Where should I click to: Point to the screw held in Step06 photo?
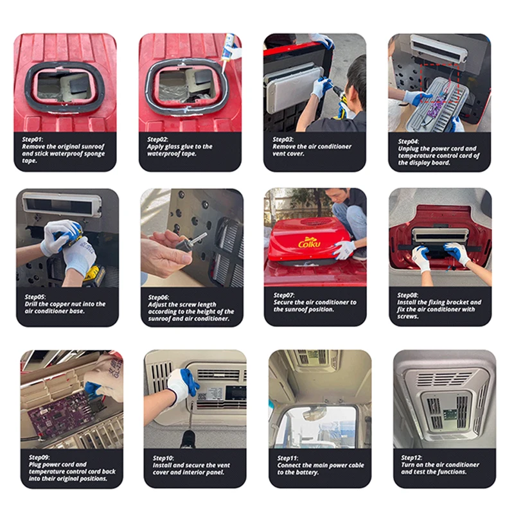pyautogui.click(x=194, y=240)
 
